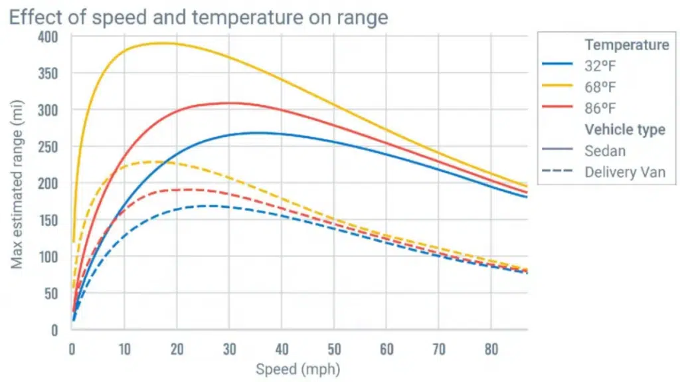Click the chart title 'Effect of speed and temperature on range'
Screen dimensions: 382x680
[198, 17]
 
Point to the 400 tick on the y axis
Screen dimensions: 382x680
[50, 37]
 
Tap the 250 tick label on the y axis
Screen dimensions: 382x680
[50, 146]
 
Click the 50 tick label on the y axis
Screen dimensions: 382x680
[53, 293]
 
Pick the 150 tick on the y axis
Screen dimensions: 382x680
[50, 220]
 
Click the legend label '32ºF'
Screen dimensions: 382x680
[600, 66]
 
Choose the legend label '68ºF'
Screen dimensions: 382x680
[600, 86]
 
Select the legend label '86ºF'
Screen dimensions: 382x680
[600, 108]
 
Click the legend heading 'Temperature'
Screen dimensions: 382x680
[626, 45]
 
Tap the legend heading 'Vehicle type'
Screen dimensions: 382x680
[624, 129]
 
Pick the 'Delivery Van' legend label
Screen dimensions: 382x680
[624, 172]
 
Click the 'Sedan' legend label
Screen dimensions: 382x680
[605, 151]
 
